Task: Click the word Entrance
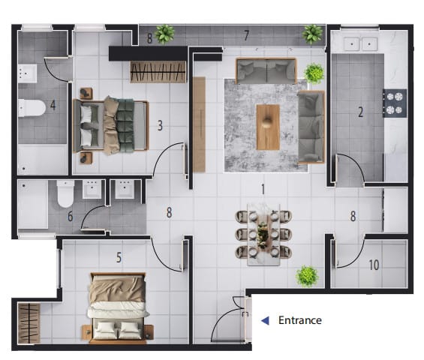coord(300,320)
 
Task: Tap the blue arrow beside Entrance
coord(265,320)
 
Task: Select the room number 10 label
coord(374,265)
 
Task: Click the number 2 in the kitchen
coord(360,112)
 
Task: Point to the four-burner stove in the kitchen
coord(395,103)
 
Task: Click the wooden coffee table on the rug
coord(268,127)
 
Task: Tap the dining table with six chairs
coord(263,234)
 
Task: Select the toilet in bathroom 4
coord(32,108)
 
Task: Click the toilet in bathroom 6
coord(65,193)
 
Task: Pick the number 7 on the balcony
coord(246,36)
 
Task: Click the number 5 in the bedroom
coord(119,257)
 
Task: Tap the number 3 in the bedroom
coord(160,126)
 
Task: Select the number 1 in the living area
coord(263,189)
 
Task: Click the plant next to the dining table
coord(307,276)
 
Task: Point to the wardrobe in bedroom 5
coord(29,323)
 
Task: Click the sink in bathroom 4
coord(27,73)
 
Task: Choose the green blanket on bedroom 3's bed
coord(125,125)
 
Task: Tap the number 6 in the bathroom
coord(71,217)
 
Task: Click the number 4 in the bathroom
coord(53,105)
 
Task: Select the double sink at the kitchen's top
coord(360,43)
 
